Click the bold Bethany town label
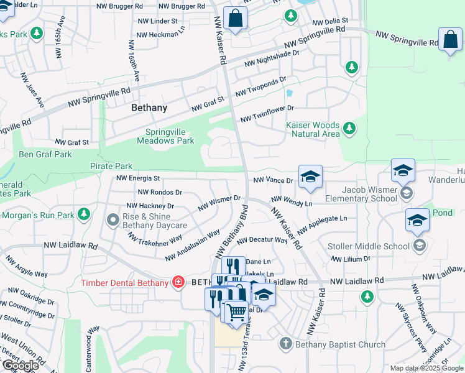[x=149, y=108]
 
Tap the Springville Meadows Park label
[x=170, y=136]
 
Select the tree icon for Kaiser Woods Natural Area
[x=350, y=129]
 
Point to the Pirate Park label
[x=111, y=166]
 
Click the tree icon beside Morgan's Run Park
[x=84, y=215]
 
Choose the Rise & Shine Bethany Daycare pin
[x=113, y=220]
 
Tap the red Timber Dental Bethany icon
[x=178, y=283]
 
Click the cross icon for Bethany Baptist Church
[x=285, y=344]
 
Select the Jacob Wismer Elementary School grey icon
[x=406, y=193]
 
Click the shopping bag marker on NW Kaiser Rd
[x=236, y=19]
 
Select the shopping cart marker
[x=236, y=312]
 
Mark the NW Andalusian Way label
[x=192, y=246]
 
